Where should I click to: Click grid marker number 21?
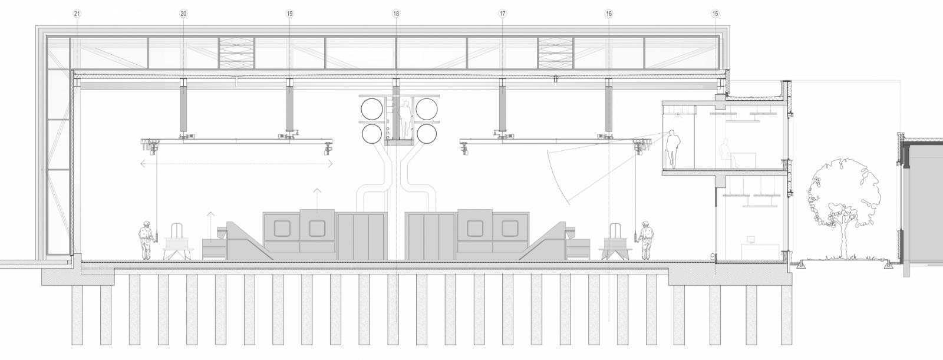click(x=77, y=14)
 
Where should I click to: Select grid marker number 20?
click(x=183, y=14)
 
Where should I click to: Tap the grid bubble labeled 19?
click(x=289, y=14)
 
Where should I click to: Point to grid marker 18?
click(x=395, y=14)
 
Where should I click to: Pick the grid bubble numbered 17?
click(x=502, y=14)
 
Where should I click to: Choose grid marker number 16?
click(x=609, y=14)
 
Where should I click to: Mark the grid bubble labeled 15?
click(x=716, y=14)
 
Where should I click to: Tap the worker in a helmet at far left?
click(x=146, y=240)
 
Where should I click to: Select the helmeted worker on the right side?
click(x=645, y=240)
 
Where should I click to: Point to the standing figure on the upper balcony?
click(x=671, y=149)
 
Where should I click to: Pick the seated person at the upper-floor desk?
click(x=727, y=154)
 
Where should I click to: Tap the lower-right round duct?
click(x=427, y=134)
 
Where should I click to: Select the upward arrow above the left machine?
click(x=317, y=199)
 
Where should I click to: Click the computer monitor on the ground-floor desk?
click(x=751, y=240)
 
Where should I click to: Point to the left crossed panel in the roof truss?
click(x=236, y=53)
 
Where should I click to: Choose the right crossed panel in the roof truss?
click(x=555, y=53)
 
